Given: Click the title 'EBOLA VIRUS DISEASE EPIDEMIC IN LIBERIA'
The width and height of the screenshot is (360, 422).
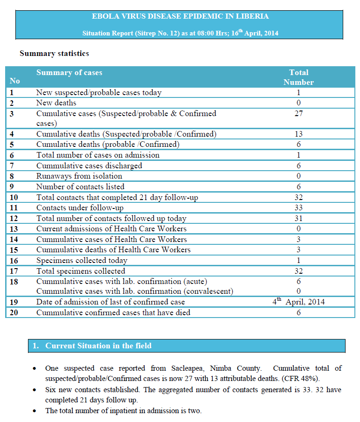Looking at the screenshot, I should coord(180,16).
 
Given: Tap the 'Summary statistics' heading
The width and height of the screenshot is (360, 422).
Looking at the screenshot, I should coord(54,54).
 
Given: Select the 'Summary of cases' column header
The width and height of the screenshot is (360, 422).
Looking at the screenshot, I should coord(69,73).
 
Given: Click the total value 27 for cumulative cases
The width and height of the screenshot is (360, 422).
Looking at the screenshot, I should coord(298,113).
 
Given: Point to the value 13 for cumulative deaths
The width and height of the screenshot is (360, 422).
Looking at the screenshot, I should coord(298,134).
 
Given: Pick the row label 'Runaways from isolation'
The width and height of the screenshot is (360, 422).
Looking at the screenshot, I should coord(79,176).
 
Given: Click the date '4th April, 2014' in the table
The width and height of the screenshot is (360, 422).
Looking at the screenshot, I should coord(298,302).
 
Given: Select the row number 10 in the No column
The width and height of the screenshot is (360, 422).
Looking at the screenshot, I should coord(14,197).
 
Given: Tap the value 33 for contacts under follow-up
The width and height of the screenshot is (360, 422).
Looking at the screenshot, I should coord(298,208).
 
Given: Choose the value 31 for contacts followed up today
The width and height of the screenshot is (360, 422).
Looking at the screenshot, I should coord(298,218).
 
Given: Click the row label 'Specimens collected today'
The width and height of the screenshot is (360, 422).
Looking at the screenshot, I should coord(82,261).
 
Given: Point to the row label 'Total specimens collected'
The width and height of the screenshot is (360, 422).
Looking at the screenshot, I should coord(81,271).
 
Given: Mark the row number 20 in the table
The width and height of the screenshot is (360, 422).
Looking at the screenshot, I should coord(14,312).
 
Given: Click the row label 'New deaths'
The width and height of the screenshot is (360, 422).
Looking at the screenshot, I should coord(56,103).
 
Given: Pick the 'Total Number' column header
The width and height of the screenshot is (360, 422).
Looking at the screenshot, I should coord(298,77).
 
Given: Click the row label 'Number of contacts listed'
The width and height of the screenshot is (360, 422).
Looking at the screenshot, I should coord(80,187).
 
